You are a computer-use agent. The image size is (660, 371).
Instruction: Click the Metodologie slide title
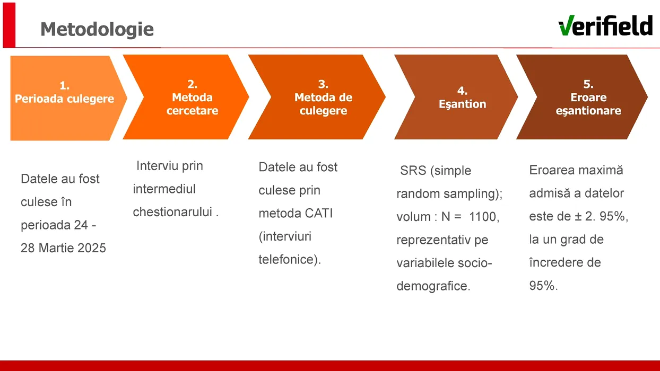pos(97,29)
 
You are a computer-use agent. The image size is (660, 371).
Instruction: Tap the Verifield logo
pos(605,25)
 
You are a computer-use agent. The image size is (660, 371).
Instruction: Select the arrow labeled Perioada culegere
pos(65,98)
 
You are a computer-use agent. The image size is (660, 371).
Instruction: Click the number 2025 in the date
pos(90,248)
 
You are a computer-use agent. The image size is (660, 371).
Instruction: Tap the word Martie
pos(55,248)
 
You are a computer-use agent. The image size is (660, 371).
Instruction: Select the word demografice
pos(432,287)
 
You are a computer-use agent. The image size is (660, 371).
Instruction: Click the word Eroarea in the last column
pos(552,171)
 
